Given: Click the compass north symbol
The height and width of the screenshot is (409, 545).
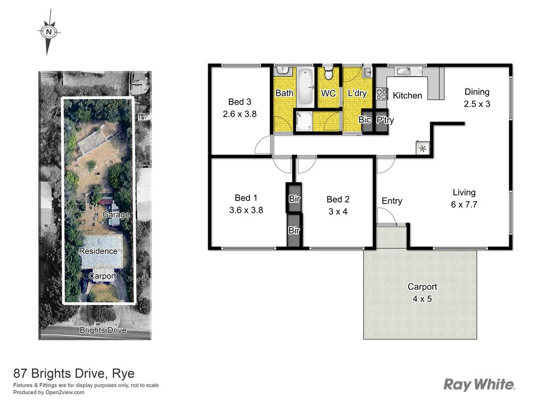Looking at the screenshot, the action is coord(49,32).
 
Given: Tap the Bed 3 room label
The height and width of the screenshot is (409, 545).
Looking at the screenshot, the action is coord(240,102).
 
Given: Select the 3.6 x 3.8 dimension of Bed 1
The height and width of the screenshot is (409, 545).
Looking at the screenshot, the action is coord(246,210).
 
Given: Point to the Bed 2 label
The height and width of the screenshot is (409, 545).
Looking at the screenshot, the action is coord(338,199).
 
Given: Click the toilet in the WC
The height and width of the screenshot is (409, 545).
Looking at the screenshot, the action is coord(328,74).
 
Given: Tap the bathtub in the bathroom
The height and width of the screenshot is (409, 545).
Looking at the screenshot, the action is coord(305,87).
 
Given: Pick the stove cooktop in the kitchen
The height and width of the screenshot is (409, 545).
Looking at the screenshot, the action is coord(382,93).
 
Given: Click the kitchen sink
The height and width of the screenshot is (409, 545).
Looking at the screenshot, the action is coord(403,71).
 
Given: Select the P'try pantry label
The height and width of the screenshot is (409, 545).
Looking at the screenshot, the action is coord(385,120).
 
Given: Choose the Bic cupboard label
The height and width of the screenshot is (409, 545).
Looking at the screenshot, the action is coord(364,120).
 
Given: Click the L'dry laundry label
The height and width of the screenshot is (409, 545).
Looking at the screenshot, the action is coord(357,93).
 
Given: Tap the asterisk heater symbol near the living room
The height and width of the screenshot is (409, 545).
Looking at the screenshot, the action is coord(423,149).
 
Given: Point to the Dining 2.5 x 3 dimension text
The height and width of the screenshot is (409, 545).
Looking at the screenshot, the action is coord(477,104).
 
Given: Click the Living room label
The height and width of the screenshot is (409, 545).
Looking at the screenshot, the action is coord(464,192).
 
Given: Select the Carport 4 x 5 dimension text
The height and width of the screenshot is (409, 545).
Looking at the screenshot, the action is coord(422,299).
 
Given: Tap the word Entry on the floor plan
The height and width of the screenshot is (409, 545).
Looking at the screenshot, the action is coord(392,201).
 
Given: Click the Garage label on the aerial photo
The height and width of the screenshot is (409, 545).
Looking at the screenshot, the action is coord(116,215).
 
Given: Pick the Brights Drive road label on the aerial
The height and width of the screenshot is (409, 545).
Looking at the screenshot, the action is coord(103,330).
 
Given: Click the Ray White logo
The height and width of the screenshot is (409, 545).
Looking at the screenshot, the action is coord(480,385).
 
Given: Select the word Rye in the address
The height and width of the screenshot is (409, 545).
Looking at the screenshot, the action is coord(123,373).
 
